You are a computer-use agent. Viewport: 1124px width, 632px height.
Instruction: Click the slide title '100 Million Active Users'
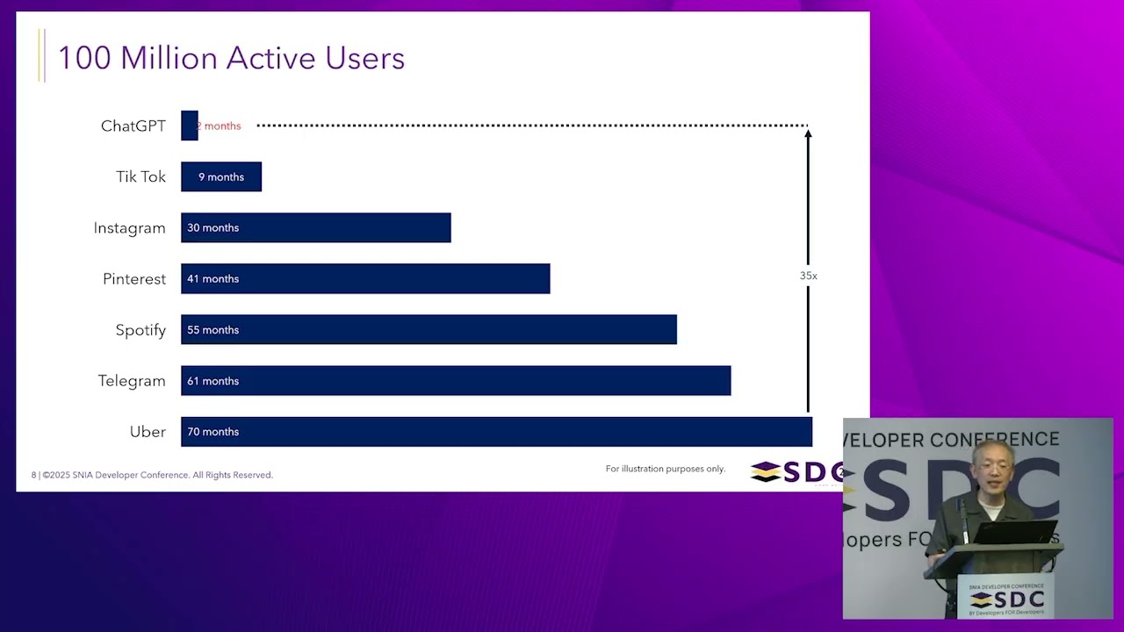231,58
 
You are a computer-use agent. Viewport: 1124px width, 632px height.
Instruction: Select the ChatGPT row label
133,126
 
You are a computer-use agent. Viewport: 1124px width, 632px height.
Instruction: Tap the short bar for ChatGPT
189,126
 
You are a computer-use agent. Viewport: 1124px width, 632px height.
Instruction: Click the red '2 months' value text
220,126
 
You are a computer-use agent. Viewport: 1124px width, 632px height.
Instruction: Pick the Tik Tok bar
221,176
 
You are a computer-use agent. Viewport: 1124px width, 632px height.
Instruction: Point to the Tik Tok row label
140,176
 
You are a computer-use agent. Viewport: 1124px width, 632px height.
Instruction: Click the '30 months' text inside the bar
213,227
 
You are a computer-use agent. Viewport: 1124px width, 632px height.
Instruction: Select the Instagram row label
129,227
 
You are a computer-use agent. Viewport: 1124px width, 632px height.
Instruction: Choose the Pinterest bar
365,278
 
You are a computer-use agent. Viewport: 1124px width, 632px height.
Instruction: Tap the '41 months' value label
213,278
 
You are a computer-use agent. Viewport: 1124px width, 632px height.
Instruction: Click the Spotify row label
140,329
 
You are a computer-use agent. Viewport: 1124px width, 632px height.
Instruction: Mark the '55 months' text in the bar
213,330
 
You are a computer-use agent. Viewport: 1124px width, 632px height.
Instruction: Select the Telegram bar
456,380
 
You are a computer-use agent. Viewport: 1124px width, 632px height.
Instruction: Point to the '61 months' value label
213,381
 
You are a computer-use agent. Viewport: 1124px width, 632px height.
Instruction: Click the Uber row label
148,431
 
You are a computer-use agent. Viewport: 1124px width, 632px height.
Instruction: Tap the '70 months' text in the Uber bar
213,432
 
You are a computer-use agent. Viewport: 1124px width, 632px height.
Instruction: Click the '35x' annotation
808,276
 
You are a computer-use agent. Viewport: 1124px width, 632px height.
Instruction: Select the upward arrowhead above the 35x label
808,133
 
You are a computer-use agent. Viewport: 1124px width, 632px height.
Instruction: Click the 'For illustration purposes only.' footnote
665,469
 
